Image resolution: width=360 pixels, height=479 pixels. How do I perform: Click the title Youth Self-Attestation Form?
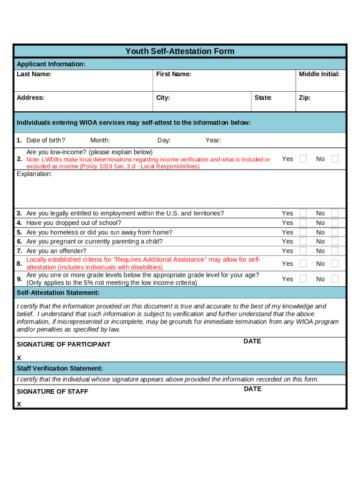click(x=180, y=51)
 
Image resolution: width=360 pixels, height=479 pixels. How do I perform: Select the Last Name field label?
click(x=34, y=74)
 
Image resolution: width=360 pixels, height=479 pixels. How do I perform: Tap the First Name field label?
click(x=173, y=74)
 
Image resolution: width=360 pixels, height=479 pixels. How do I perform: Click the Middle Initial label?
click(x=319, y=74)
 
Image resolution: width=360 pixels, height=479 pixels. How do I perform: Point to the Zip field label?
click(x=304, y=98)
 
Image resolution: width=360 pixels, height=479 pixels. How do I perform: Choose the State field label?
click(x=263, y=98)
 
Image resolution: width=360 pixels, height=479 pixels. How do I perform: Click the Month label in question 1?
click(x=100, y=140)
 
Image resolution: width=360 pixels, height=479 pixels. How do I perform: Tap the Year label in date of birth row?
click(x=213, y=140)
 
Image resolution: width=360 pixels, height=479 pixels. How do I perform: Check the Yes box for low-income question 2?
click(x=303, y=159)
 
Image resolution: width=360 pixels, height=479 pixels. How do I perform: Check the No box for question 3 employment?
click(x=335, y=213)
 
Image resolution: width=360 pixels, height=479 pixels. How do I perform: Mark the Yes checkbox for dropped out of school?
click(x=303, y=223)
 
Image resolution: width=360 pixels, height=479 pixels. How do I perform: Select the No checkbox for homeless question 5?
click(x=335, y=232)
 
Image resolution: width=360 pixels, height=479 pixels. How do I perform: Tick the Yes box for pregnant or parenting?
click(x=303, y=241)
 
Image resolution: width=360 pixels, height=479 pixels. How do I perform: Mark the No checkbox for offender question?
click(x=335, y=251)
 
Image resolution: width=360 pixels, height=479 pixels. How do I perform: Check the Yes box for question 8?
click(x=303, y=263)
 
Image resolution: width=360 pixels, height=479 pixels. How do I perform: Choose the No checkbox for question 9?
click(x=335, y=279)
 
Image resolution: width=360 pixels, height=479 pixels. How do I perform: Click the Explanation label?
click(x=35, y=174)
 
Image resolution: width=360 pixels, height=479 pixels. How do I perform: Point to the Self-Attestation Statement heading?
click(x=58, y=293)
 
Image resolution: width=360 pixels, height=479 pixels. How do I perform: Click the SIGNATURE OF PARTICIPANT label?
click(x=64, y=344)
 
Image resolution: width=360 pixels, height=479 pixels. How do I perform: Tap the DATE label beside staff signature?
click(x=252, y=389)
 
